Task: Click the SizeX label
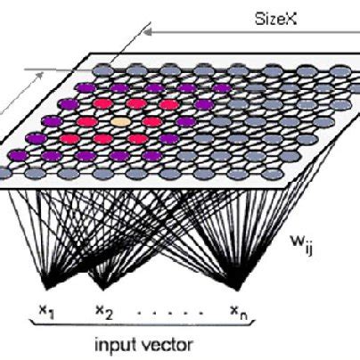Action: click(x=276, y=20)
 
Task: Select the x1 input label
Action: click(x=46, y=312)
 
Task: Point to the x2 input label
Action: click(x=104, y=312)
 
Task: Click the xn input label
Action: click(x=239, y=312)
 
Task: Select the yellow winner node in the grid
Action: click(x=120, y=121)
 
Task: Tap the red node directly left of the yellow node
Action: click(x=86, y=121)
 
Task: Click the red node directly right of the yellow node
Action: click(x=152, y=121)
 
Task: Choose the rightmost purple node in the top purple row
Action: click(x=221, y=88)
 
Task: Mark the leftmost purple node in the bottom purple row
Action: click(x=19, y=155)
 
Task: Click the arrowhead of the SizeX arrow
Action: click(x=148, y=32)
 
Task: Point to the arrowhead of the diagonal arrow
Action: click(x=40, y=76)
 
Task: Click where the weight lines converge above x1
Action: click(x=47, y=286)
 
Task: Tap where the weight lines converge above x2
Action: click(x=102, y=286)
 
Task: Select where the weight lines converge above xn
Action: click(x=236, y=286)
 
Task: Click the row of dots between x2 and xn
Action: click(x=170, y=313)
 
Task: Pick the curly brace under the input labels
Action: click(x=142, y=323)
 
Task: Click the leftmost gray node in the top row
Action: click(x=103, y=71)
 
